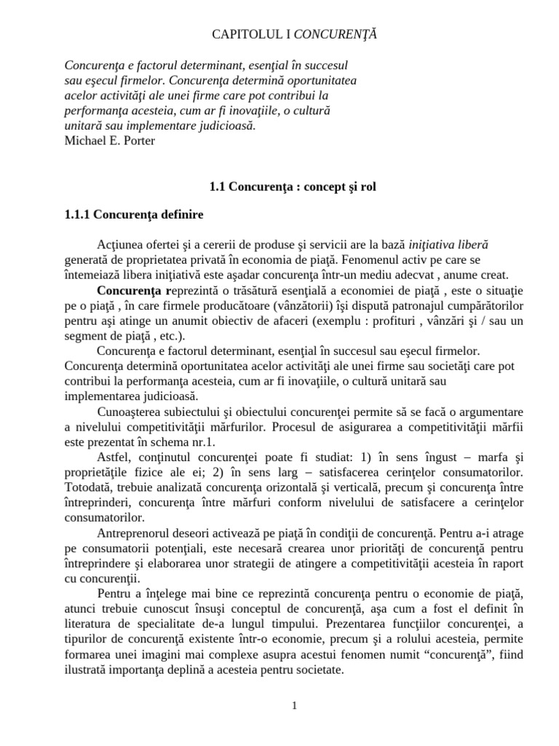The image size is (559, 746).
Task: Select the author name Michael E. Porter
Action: (x=109, y=141)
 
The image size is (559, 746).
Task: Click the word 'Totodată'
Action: (x=87, y=487)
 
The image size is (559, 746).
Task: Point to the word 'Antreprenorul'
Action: (x=132, y=533)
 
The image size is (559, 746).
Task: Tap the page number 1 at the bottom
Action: (x=295, y=706)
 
